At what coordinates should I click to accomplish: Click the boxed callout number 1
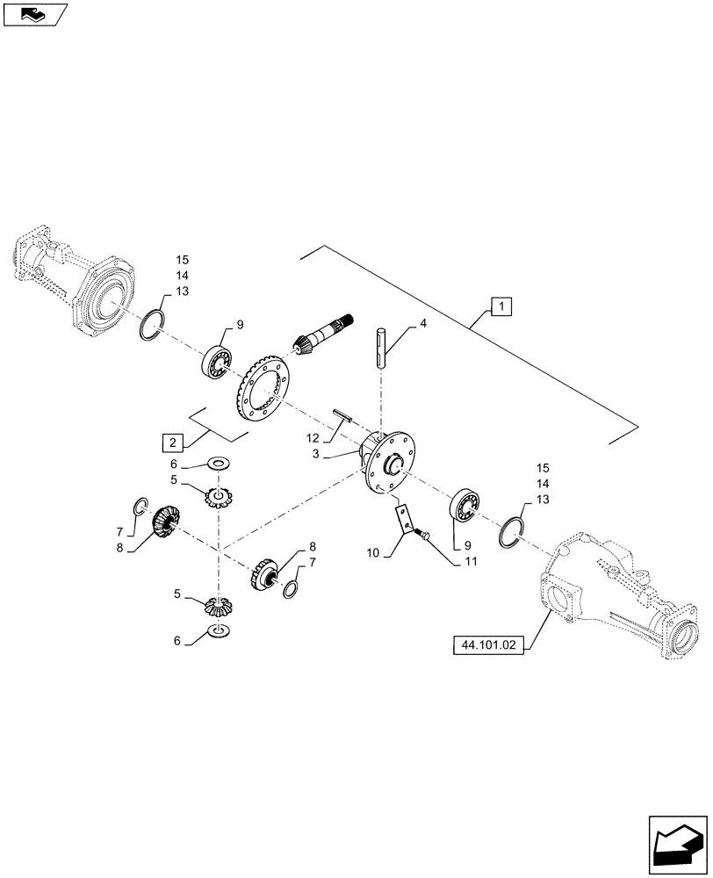tap(500, 307)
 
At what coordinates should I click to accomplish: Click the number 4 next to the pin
tap(422, 325)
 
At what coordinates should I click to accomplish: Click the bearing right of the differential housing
tap(464, 510)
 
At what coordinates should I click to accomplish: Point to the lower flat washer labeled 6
tap(218, 630)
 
